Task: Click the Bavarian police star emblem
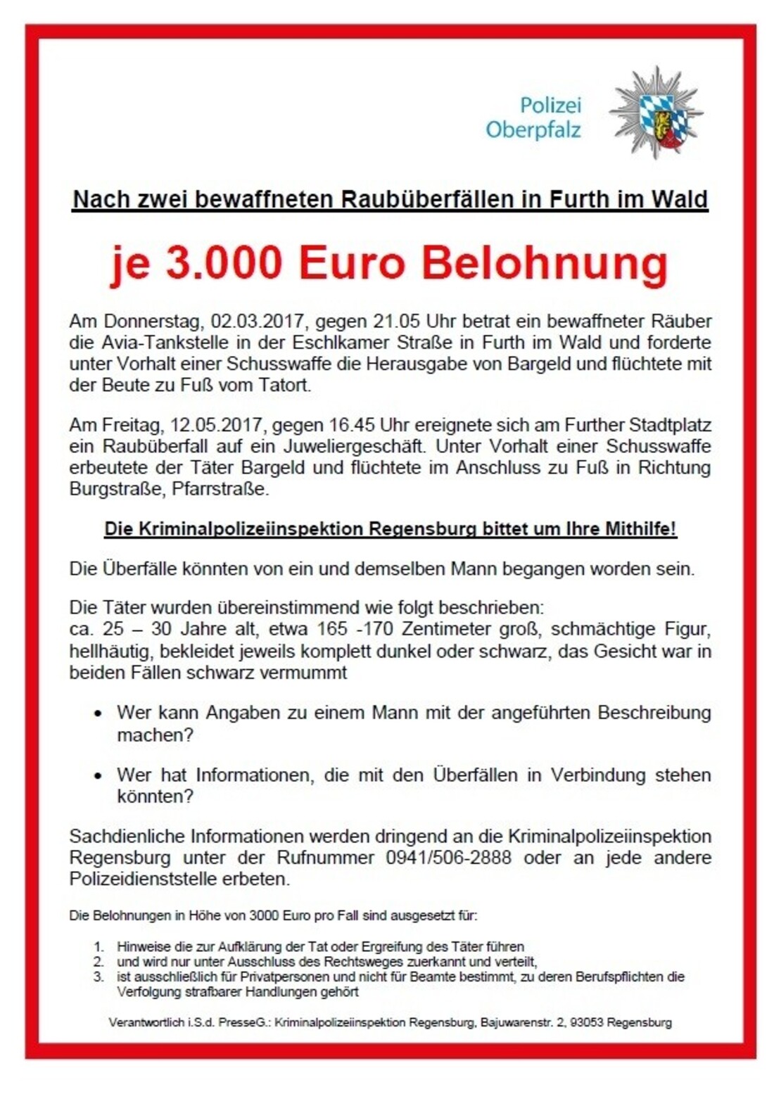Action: click(656, 113)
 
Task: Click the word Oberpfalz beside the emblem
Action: click(533, 130)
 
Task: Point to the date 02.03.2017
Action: click(258, 322)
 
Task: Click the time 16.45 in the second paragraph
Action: click(356, 425)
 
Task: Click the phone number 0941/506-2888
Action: click(448, 858)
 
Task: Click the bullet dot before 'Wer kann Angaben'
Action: click(99, 713)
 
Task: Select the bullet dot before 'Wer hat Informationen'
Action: click(99, 775)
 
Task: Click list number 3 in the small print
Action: click(99, 977)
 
